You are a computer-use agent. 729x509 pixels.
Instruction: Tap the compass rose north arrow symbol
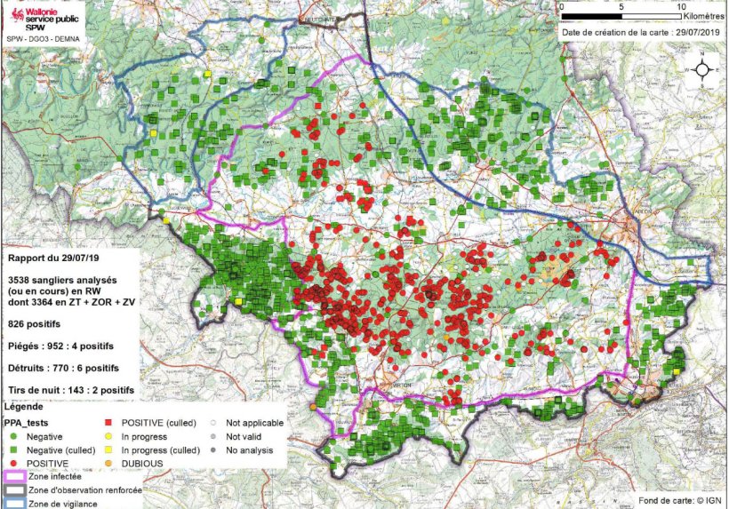coord(702,70)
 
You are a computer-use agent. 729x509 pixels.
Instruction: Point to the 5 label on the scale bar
coord(621,6)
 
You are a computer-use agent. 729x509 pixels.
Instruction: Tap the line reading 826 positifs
coord(40,325)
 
